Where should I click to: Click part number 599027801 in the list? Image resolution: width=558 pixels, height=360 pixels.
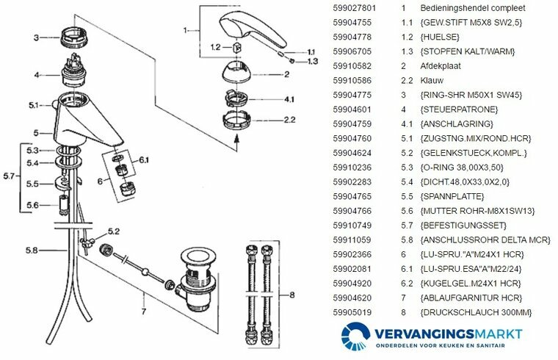pyautogui.click(x=355, y=8)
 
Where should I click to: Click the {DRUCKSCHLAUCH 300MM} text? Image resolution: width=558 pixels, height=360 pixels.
pyautogui.click(x=476, y=313)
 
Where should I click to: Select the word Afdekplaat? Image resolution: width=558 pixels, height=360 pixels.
pyautogui.click(x=440, y=66)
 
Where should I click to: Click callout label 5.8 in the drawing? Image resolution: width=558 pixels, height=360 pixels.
pyautogui.click(x=31, y=251)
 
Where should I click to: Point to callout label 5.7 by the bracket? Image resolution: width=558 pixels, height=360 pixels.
pyautogui.click(x=10, y=176)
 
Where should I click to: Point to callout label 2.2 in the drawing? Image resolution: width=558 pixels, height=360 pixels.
pyautogui.click(x=289, y=119)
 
